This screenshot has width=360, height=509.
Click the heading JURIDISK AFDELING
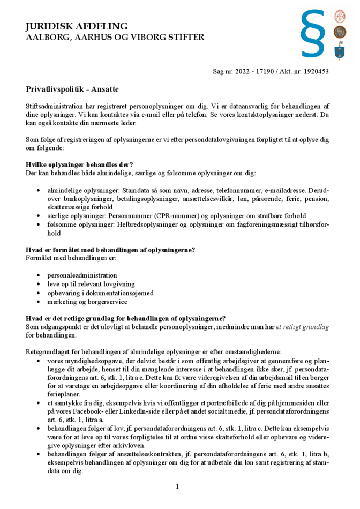click(x=77, y=26)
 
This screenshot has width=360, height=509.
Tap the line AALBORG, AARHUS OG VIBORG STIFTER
click(x=115, y=37)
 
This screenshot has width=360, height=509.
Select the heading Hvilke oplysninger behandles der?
click(x=79, y=164)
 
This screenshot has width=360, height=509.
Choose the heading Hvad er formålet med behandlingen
click(x=110, y=250)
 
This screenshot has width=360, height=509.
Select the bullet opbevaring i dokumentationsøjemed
click(x=100, y=293)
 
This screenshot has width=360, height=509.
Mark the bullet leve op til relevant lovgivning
click(x=91, y=283)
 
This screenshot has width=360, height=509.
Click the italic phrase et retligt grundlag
click(x=302, y=326)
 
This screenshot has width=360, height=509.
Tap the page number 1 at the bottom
click(x=177, y=486)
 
